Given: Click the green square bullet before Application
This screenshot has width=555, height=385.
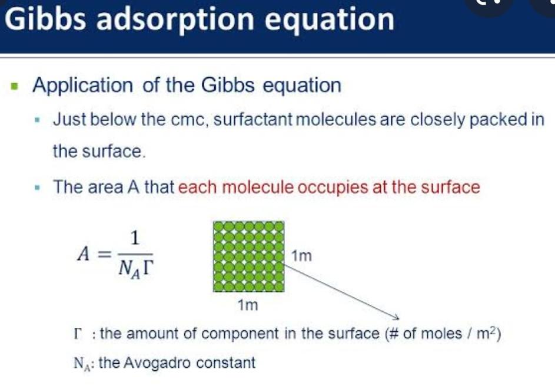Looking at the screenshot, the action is coord(14,86).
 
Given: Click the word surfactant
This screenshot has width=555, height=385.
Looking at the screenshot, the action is coord(252,119).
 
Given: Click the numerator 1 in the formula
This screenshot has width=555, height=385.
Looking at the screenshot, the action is coord(135,238).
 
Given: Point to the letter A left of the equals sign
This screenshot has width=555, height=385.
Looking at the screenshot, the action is coord(84,254).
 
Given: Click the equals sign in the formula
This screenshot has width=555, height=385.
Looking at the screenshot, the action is coord(104,255).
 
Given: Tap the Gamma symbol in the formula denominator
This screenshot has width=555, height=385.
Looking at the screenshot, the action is coord(148,269).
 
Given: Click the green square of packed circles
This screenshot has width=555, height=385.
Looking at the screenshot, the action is coord(248,256).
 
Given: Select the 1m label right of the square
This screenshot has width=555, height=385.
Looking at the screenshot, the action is coord(301,256).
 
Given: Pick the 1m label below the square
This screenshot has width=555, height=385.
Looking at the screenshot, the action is coord(248,305).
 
